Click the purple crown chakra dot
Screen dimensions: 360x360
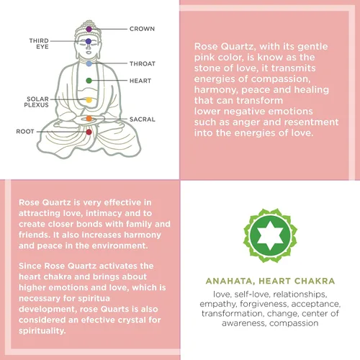[x=89, y=30]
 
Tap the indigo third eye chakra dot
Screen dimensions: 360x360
[x=89, y=41]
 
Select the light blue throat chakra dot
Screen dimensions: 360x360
[x=89, y=63]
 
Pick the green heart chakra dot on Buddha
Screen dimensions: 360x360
[x=89, y=81]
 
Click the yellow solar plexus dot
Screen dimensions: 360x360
[x=89, y=100]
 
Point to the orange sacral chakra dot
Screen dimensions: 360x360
[x=89, y=118]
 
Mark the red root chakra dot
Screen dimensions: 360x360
[x=89, y=132]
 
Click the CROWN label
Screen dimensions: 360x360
[x=142, y=29]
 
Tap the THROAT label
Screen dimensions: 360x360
[x=143, y=64]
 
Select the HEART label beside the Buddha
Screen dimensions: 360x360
[x=140, y=81]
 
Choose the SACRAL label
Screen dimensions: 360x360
[x=143, y=120]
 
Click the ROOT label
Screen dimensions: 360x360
[x=25, y=132]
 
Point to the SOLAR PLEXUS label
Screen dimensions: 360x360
[x=37, y=102]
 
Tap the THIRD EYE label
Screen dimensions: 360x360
[x=39, y=44]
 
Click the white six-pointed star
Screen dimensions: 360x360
[x=270, y=235]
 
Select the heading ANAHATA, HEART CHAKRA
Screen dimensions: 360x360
[x=270, y=281]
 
